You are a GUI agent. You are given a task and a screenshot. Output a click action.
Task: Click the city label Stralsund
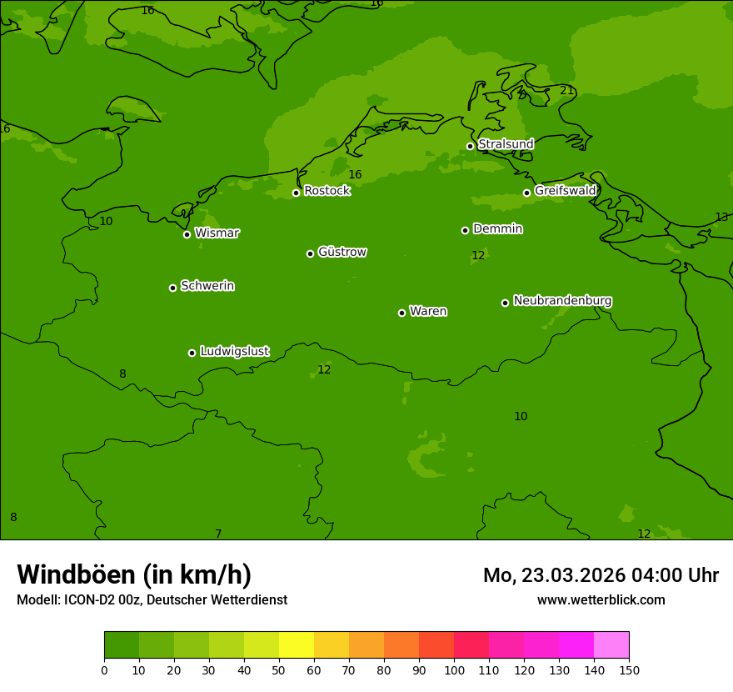(x=506, y=144)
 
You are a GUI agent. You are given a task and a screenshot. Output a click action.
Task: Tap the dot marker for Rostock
(x=296, y=193)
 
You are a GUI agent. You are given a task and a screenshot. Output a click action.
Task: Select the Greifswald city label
(x=565, y=191)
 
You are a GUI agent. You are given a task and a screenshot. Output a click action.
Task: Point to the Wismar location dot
(x=187, y=234)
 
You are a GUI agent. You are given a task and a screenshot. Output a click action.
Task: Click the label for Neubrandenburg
(x=562, y=301)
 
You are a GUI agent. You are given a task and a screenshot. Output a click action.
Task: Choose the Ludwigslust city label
(x=234, y=352)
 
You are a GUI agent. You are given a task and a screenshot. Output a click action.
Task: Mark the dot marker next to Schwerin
(x=172, y=288)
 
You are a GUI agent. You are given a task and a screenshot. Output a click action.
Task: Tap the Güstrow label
(x=342, y=253)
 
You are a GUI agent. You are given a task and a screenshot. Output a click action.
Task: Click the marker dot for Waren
(x=401, y=313)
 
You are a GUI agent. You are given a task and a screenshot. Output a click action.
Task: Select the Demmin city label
(x=497, y=229)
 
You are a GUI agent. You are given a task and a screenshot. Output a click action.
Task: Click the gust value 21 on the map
(x=566, y=90)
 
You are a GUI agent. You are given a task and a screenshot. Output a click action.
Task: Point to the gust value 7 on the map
(x=218, y=534)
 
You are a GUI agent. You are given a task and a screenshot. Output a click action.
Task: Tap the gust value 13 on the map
(x=721, y=218)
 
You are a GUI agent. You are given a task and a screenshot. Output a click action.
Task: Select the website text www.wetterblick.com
(x=601, y=599)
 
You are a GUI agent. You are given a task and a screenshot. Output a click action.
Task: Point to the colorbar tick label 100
(x=454, y=670)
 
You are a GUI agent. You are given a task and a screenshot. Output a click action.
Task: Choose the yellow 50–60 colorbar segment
(x=297, y=645)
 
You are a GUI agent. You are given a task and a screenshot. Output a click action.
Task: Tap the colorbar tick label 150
(x=629, y=670)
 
